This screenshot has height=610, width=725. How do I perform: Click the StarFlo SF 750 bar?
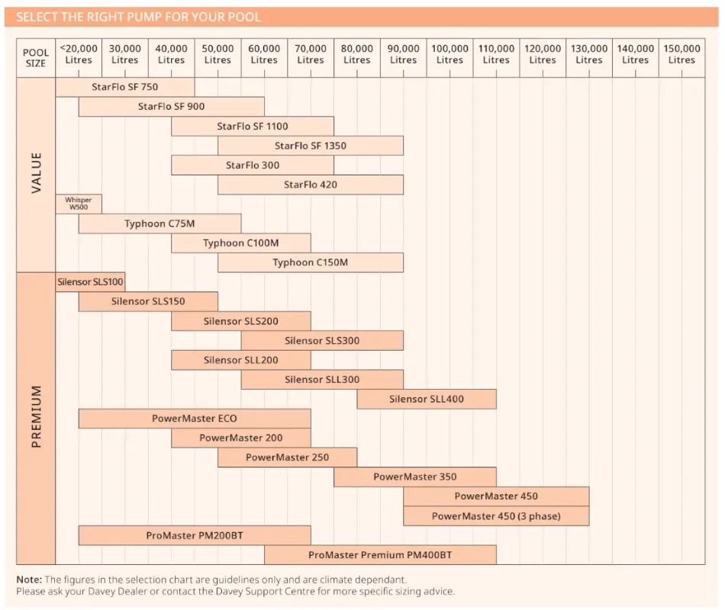tap(125, 87)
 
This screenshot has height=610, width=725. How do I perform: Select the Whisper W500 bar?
tap(79, 204)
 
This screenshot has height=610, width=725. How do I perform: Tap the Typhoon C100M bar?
tap(241, 243)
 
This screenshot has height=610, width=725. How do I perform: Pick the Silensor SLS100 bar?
tap(90, 281)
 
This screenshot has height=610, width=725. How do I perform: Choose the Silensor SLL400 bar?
tap(427, 399)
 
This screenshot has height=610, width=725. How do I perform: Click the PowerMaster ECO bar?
tap(195, 419)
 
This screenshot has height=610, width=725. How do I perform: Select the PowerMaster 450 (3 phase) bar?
tap(496, 516)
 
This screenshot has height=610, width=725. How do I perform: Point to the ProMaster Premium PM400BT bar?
tap(380, 555)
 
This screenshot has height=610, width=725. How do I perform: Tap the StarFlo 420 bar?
tap(311, 185)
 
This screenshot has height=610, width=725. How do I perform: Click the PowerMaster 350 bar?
tap(415, 477)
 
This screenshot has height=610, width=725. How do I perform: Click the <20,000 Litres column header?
tap(79, 54)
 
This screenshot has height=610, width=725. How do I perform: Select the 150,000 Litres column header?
tap(681, 54)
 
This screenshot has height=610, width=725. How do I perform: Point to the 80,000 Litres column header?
tap(357, 54)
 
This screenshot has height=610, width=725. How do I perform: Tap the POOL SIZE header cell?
tap(36, 58)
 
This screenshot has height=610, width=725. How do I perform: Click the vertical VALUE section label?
tap(36, 173)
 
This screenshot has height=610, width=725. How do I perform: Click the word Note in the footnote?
tap(29, 579)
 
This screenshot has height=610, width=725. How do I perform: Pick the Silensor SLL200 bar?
tap(241, 360)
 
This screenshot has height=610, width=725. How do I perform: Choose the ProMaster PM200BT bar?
tap(195, 535)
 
